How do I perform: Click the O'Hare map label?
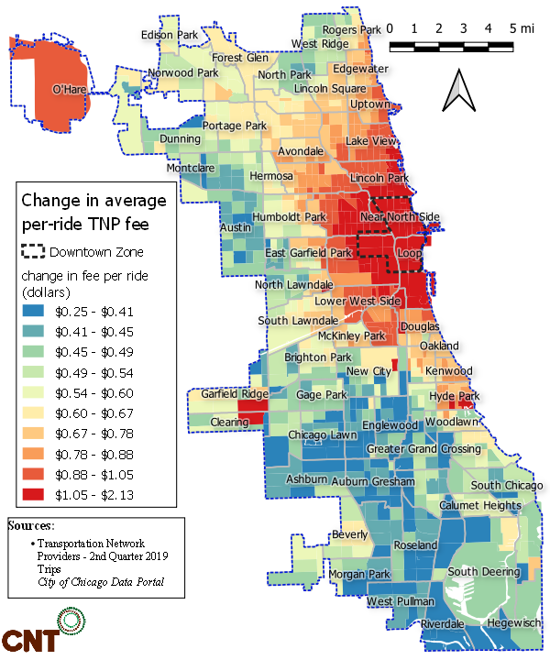coord(69,89)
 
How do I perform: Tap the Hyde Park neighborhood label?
coord(456,396)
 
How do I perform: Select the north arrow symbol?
coord(458,91)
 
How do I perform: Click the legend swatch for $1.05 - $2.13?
coord(37,495)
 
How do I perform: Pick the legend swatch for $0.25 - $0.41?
coord(37,311)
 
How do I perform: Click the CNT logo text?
coord(27,640)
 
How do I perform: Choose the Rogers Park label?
coord(351,29)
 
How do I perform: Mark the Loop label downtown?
coord(409,254)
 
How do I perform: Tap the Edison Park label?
coord(170,35)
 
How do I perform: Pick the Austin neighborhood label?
coord(236,226)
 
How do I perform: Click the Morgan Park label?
coord(327,574)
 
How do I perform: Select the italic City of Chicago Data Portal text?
coord(101,583)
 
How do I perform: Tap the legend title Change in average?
coord(93,200)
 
